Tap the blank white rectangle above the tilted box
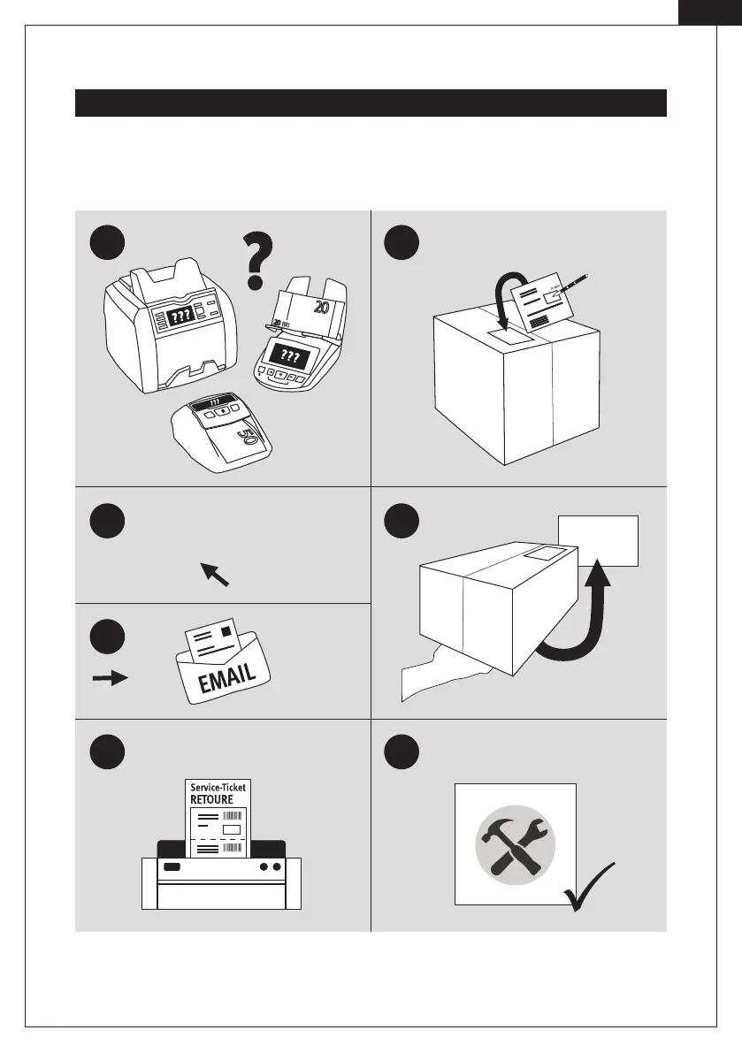(x=598, y=540)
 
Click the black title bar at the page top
(x=370, y=103)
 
